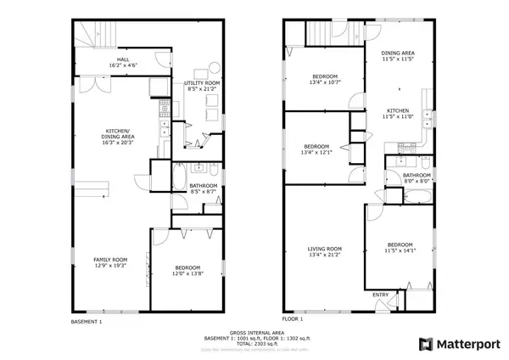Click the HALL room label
(123, 59)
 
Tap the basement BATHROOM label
(204, 185)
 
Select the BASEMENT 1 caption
(86, 322)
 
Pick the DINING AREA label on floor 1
(399, 53)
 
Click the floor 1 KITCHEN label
(399, 110)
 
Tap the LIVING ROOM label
(325, 249)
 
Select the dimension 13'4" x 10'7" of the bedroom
(323, 82)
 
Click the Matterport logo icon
(425, 344)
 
